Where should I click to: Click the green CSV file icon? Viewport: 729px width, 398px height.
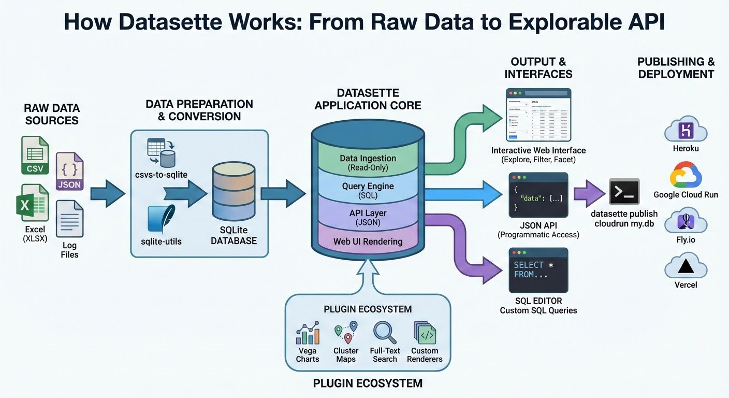click(x=35, y=155)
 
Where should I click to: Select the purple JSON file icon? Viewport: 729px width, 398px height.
click(x=69, y=172)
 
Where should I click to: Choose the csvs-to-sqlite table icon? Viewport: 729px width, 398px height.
click(x=161, y=151)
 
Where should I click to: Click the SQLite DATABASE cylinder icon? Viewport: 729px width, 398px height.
click(x=234, y=192)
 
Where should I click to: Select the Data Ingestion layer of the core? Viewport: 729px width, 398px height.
click(x=368, y=162)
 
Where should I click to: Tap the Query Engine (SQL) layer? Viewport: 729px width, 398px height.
click(x=368, y=190)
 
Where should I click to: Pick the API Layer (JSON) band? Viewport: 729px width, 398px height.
click(x=368, y=217)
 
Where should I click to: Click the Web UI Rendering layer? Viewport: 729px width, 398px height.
click(x=368, y=241)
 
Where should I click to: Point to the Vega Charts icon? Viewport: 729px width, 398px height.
click(x=308, y=333)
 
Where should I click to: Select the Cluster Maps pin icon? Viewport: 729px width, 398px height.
click(x=346, y=333)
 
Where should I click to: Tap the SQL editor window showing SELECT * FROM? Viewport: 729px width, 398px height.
click(x=538, y=269)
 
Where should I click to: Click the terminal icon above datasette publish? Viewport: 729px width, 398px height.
click(x=624, y=192)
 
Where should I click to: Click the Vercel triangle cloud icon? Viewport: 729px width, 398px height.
click(x=686, y=266)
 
